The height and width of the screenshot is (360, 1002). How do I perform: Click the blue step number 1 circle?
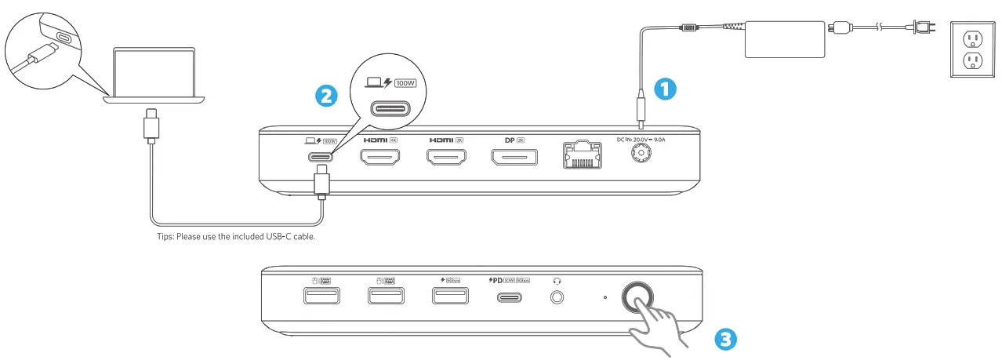(664, 90)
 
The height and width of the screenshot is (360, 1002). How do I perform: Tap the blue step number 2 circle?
(326, 96)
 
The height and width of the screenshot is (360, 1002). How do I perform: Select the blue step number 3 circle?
(726, 340)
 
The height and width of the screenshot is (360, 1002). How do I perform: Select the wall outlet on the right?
(973, 49)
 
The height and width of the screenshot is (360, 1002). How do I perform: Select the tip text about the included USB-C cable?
(236, 236)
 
